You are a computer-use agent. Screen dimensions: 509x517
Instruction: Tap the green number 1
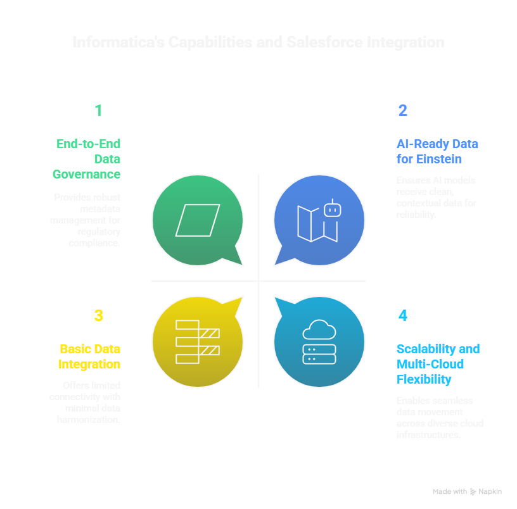pyautogui.click(x=98, y=111)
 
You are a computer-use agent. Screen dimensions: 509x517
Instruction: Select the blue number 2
pyautogui.click(x=402, y=111)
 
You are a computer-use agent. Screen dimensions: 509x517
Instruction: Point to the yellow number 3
pyautogui.click(x=98, y=315)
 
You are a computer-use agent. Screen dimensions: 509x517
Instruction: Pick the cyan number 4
pyautogui.click(x=403, y=315)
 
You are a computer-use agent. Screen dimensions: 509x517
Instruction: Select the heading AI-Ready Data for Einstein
pyautogui.click(x=437, y=151)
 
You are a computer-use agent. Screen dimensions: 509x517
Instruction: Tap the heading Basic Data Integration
pyautogui.click(x=90, y=356)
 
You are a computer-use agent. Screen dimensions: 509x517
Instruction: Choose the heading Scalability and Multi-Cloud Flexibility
pyautogui.click(x=438, y=364)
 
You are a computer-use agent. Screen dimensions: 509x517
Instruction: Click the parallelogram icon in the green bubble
pyautogui.click(x=198, y=220)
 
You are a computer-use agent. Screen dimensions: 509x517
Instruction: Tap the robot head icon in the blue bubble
pyautogui.click(x=332, y=208)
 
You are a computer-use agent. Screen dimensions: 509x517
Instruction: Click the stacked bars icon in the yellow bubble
pyautogui.click(x=197, y=342)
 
